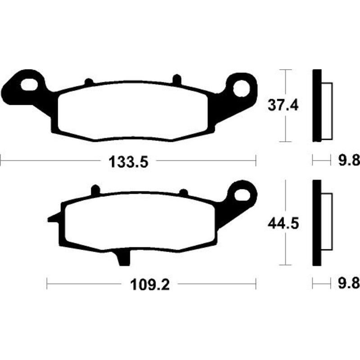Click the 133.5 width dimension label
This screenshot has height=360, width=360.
(x=128, y=162)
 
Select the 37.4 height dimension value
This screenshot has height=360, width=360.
(x=283, y=106)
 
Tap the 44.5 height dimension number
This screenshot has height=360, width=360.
(x=283, y=224)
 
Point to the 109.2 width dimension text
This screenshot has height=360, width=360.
(x=150, y=285)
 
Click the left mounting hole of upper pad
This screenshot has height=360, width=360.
(x=29, y=85)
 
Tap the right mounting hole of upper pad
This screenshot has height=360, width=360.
(x=241, y=88)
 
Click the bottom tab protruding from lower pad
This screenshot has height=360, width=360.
(x=123, y=258)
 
